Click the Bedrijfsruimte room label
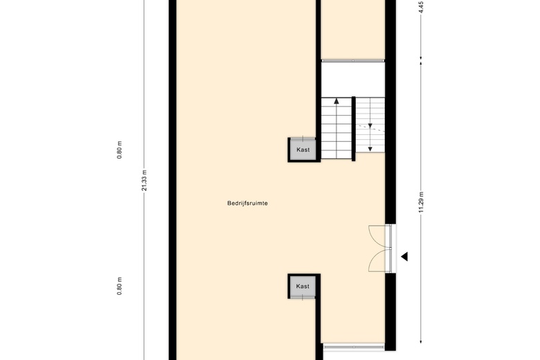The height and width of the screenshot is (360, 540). coord(247,204)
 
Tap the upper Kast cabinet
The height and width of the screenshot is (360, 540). coord(303,150)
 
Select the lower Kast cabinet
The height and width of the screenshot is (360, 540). coord(303,287)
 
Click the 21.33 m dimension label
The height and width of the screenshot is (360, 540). coord(144,180)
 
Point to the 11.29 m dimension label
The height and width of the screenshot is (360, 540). coord(421,202)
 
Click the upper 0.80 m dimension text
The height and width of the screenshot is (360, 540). coord(120,150)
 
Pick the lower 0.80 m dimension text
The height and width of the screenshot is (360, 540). coord(120,287)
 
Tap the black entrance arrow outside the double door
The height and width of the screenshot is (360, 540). coord(404,256)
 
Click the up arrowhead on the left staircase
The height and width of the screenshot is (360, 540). coord(336,101)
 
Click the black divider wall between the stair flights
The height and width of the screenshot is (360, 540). coord(353,129)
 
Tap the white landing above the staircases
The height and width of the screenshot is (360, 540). coord(353,79)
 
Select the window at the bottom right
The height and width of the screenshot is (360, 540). coord(354,347)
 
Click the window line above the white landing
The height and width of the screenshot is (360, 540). coord(353,61)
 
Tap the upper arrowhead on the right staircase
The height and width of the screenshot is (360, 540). coord(370,126)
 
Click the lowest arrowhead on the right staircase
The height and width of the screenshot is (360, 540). coord(370,149)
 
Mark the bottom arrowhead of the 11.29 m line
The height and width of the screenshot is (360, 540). coord(421,341)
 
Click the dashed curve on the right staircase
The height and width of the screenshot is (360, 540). coord(370,128)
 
